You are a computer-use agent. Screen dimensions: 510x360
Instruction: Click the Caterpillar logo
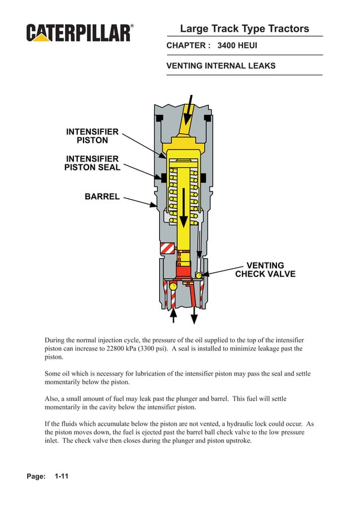(80, 33)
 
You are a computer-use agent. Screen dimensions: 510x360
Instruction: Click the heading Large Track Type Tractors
(244, 29)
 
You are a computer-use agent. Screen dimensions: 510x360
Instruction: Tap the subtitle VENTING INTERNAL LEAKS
(221, 66)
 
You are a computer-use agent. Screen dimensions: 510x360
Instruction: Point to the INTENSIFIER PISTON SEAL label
(92, 163)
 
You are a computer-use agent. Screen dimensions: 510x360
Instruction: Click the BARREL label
(102, 197)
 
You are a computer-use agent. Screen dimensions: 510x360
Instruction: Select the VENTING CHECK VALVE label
(265, 270)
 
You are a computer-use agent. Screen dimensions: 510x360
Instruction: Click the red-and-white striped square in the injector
(168, 249)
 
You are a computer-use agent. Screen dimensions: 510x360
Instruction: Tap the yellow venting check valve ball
(199, 275)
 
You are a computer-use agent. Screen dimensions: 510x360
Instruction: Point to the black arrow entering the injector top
(188, 110)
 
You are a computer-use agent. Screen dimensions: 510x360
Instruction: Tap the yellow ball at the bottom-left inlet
(173, 287)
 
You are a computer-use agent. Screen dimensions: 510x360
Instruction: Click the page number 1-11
(62, 477)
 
